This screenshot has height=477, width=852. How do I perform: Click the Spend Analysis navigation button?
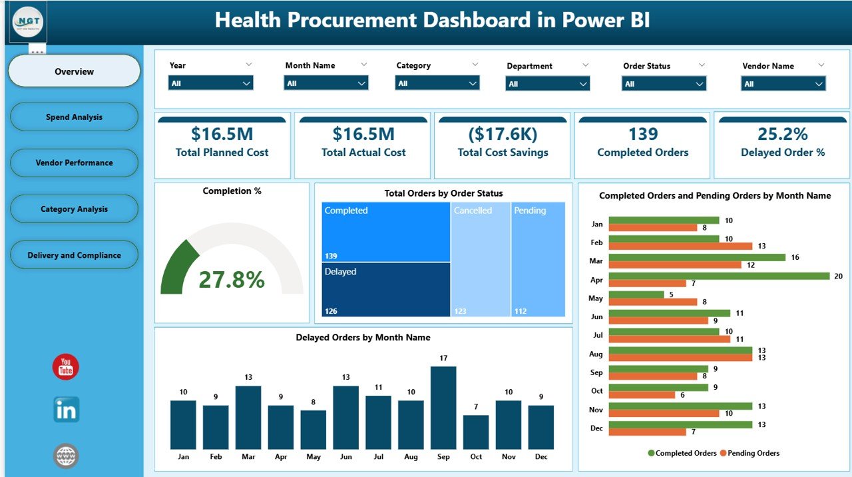(x=74, y=117)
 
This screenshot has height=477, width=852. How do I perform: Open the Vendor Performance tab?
(x=74, y=163)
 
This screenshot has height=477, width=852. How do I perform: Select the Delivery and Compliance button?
(x=74, y=255)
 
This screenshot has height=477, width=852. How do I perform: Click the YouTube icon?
(x=66, y=367)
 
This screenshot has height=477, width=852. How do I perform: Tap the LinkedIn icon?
(x=66, y=410)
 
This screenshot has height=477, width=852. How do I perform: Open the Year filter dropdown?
(x=210, y=83)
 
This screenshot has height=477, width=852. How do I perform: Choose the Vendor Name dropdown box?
(x=783, y=83)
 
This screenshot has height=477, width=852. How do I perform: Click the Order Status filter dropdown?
(x=664, y=83)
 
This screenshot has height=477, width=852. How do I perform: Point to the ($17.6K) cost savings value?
(x=503, y=135)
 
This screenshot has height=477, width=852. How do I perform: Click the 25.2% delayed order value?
(x=782, y=135)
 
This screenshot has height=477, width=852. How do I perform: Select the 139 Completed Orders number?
(x=642, y=135)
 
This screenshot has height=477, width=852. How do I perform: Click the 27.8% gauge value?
(x=232, y=280)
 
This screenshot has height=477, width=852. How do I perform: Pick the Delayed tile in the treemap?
(x=385, y=289)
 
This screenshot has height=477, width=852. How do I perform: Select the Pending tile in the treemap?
(x=538, y=259)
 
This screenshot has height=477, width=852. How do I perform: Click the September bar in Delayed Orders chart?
(x=443, y=408)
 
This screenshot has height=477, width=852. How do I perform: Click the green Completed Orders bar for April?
(x=719, y=276)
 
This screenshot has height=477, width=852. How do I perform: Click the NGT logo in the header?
(x=29, y=22)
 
